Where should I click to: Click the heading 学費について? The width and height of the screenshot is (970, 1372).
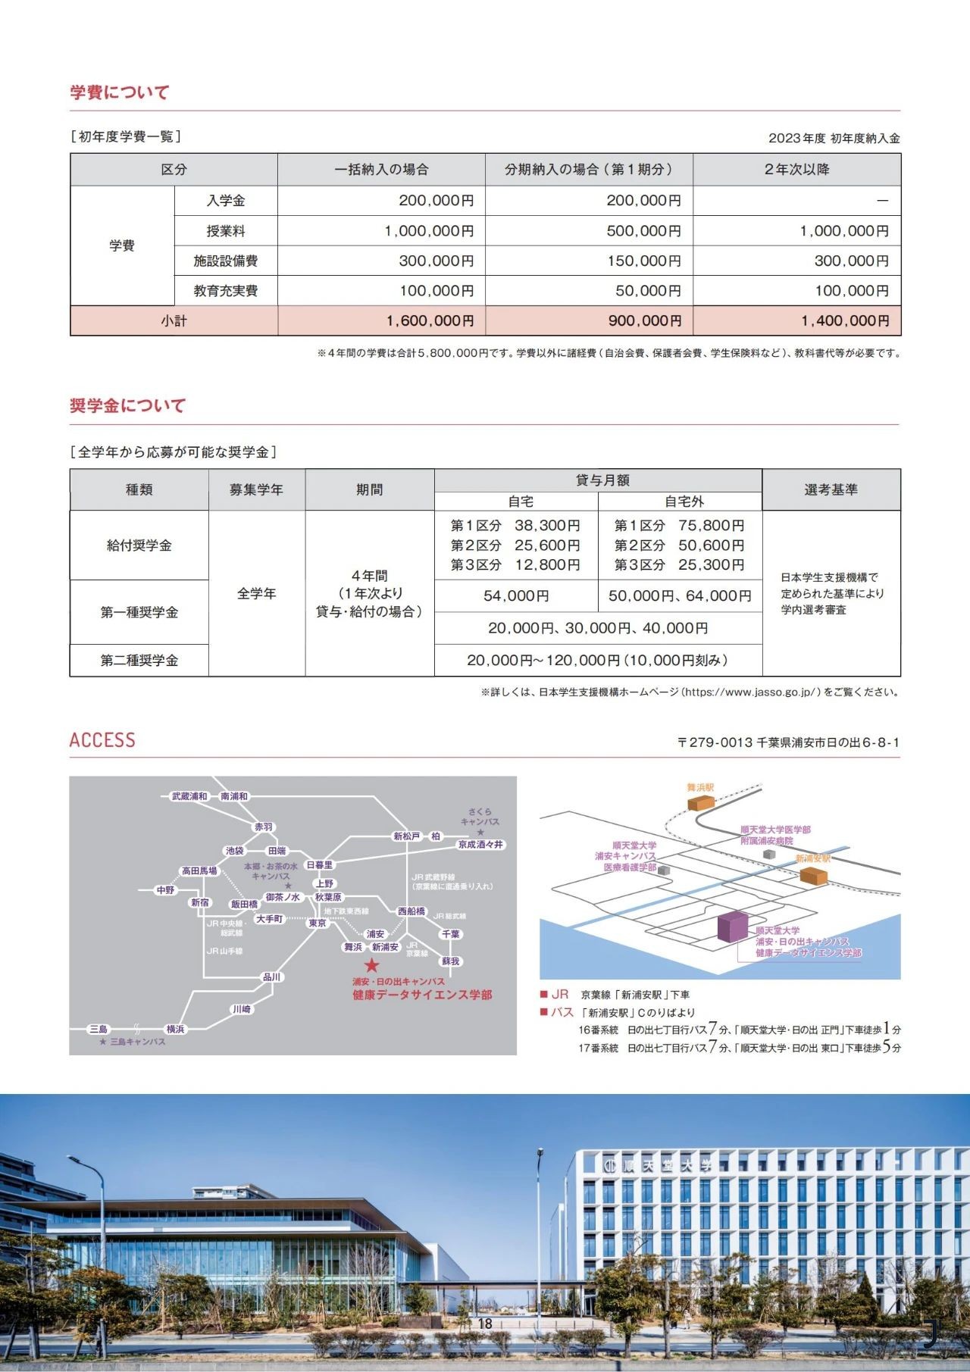coord(120,92)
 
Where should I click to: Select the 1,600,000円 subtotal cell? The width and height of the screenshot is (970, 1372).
coord(430,321)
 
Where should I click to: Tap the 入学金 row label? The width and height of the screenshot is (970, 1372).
coord(226,201)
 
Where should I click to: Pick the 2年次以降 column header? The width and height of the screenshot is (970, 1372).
coord(796,170)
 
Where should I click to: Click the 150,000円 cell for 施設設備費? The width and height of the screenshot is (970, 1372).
coord(643,261)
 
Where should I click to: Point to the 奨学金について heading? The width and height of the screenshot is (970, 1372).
coord(127,406)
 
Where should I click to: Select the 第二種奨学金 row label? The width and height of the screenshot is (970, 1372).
coord(139,661)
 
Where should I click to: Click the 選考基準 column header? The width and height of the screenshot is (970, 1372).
coord(831,490)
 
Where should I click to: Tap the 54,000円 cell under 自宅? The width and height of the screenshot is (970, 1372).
coord(516,596)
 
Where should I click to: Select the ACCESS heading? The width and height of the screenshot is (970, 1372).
coord(102,740)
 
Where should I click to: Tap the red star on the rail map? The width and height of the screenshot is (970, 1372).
coord(371,966)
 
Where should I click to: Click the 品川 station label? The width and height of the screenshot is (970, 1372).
coord(271,977)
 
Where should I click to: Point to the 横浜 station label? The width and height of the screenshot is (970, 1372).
coord(175,1029)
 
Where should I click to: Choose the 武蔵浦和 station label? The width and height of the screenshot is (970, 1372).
coord(189,796)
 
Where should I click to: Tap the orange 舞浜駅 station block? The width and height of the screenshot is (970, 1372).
coord(701,801)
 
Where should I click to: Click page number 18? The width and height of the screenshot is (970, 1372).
coord(485,1324)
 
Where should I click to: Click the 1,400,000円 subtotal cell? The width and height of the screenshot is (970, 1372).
coord(845,321)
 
